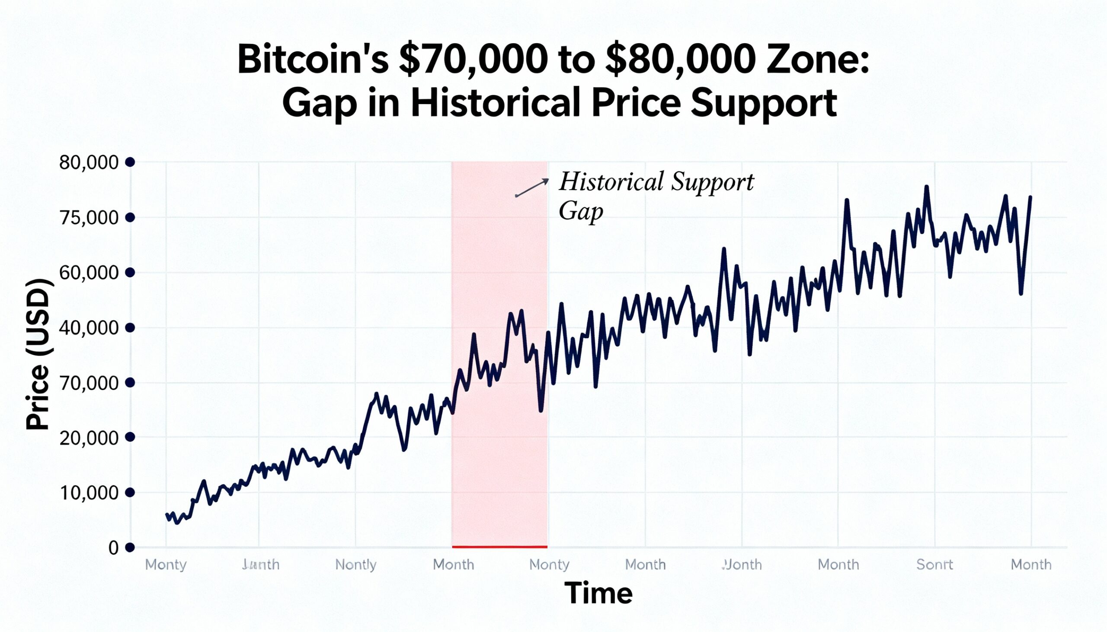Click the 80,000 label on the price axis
pyautogui.click(x=89, y=162)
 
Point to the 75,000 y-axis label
pyautogui.click(x=89, y=217)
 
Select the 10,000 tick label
pyautogui.click(x=89, y=492)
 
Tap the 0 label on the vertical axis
pyautogui.click(x=113, y=548)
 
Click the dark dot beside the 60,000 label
pyautogui.click(x=130, y=273)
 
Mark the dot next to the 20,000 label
pyautogui.click(x=130, y=437)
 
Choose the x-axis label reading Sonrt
pyautogui.click(x=934, y=565)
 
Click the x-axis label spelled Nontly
pyautogui.click(x=356, y=565)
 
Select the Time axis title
pyautogui.click(x=598, y=593)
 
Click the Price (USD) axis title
pyautogui.click(x=38, y=355)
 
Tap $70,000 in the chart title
pyautogui.click(x=473, y=61)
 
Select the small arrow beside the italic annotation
pyautogui.click(x=532, y=187)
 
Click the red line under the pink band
pyautogui.click(x=499, y=546)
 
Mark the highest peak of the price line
pyautogui.click(x=927, y=187)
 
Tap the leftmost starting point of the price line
pyautogui.click(x=167, y=514)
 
